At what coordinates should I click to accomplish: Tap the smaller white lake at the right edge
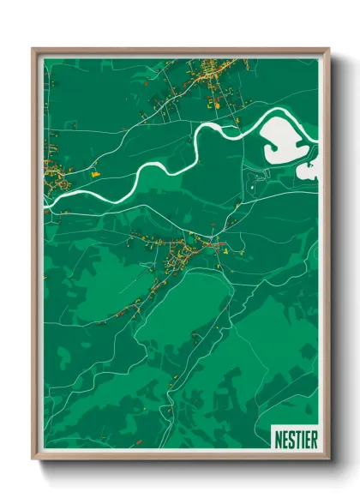coord(309,170)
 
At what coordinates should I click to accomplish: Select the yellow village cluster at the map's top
coord(210,75)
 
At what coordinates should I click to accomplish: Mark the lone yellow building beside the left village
coord(95,173)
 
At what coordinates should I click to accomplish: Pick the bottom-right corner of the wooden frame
coord(327,459)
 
